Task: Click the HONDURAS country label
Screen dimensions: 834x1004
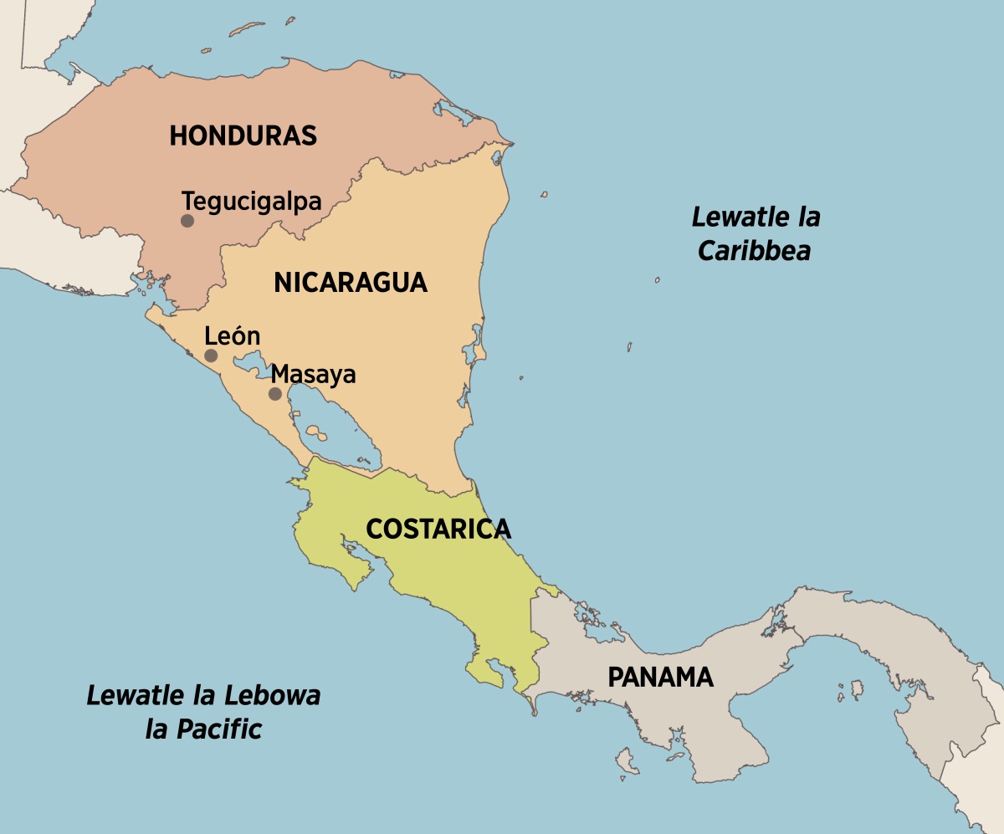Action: [243, 136]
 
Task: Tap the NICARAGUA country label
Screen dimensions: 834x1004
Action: [350, 283]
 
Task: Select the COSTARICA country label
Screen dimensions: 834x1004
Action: [438, 529]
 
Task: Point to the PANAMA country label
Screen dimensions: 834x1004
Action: [660, 677]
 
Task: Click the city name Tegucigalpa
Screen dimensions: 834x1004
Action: [251, 202]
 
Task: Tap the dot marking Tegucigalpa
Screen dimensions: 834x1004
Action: [187, 221]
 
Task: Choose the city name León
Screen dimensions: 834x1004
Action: [233, 336]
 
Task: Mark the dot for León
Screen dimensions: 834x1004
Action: [211, 356]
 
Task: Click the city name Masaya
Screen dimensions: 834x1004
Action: [314, 374]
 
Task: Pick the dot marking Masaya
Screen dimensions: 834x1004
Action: [274, 394]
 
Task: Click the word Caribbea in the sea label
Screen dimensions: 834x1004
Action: [755, 251]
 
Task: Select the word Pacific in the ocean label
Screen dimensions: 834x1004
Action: [221, 729]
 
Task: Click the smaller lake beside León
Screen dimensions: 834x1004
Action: [248, 364]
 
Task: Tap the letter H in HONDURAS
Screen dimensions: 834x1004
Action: [178, 136]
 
